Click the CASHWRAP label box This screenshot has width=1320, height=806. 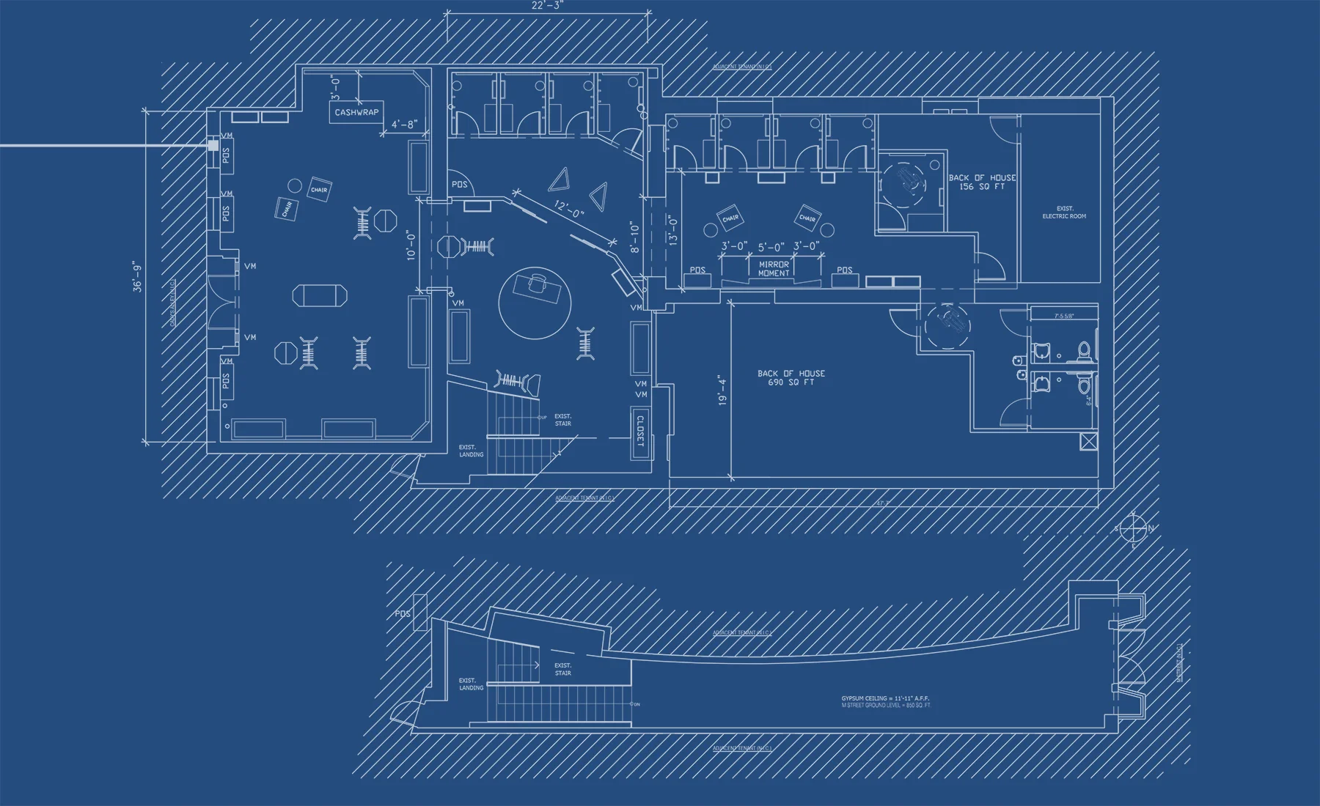[x=356, y=112]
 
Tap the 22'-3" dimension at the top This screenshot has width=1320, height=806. [x=547, y=6]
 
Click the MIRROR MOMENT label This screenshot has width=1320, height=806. [x=774, y=269]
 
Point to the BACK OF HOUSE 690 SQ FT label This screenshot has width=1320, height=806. [x=791, y=377]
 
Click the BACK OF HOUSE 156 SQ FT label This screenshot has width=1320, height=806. [x=982, y=182]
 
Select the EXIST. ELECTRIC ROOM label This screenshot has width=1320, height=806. [x=1064, y=212]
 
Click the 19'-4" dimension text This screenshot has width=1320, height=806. [x=722, y=391]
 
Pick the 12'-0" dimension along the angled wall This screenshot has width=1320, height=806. [x=568, y=210]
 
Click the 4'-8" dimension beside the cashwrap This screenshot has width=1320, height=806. [x=403, y=125]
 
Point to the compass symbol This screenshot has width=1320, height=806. [x=1134, y=528]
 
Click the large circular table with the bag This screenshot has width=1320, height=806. [x=535, y=301]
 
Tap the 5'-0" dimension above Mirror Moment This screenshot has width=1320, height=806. [x=771, y=247]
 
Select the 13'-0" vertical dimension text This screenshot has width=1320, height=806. [x=673, y=229]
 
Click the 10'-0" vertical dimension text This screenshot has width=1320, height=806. [x=411, y=245]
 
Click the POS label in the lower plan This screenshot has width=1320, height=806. [x=403, y=613]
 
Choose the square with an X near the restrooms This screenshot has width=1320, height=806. [x=1089, y=441]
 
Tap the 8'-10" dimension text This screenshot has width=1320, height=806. [x=635, y=237]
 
